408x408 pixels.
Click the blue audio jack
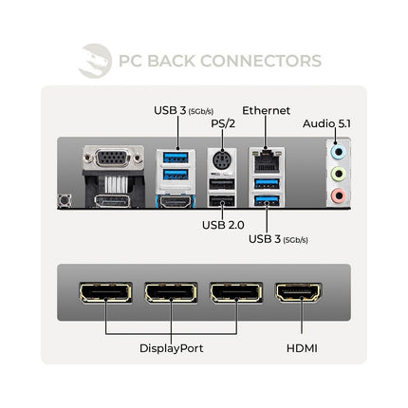(x=339, y=153)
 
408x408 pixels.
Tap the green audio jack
(x=339, y=174)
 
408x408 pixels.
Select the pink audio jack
(x=339, y=195)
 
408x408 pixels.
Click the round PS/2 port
(x=222, y=160)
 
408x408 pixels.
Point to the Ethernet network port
(x=267, y=161)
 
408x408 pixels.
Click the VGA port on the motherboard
(x=113, y=158)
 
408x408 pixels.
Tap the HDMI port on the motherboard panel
(x=176, y=202)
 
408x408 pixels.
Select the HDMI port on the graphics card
(x=299, y=292)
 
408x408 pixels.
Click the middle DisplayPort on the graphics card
(x=171, y=292)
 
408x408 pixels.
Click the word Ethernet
(x=266, y=110)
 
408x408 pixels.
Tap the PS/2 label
(x=223, y=123)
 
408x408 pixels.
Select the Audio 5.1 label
(x=326, y=123)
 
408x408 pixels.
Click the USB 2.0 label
(x=223, y=225)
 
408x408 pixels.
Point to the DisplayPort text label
(x=171, y=348)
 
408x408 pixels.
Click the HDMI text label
(x=302, y=348)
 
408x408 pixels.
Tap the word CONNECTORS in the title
(x=261, y=61)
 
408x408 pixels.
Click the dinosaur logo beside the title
(x=95, y=61)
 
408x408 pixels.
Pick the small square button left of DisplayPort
(x=65, y=201)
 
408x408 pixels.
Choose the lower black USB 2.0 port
(x=222, y=201)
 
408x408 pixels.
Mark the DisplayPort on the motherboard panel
(x=112, y=201)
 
